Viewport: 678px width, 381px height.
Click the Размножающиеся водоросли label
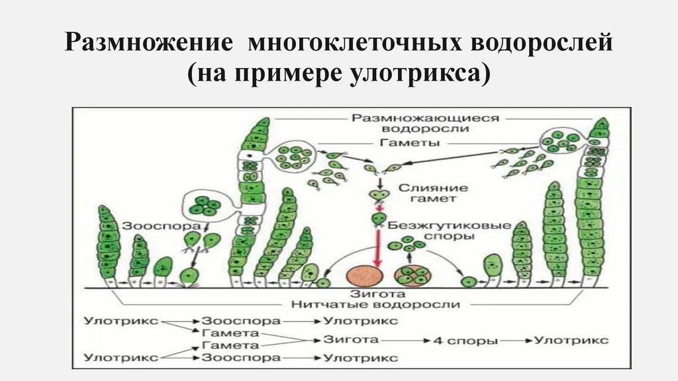424,123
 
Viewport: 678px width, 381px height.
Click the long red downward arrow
379,245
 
